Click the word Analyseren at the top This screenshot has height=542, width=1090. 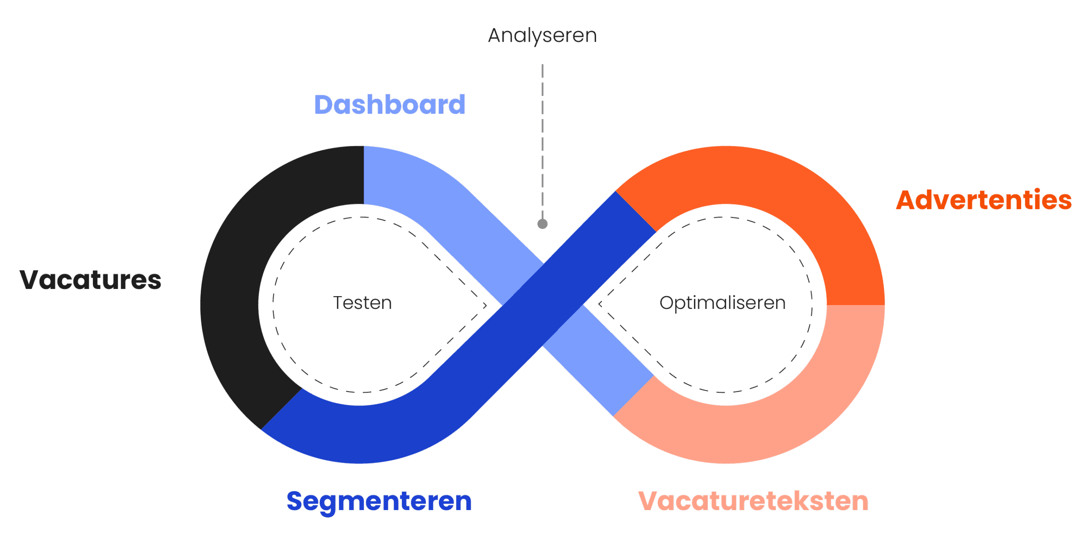pos(542,36)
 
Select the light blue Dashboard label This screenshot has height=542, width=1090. pos(390,105)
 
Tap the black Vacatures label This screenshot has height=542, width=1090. pos(90,280)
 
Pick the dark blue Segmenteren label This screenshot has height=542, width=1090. pos(379,502)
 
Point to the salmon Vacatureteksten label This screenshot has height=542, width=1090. pos(753,501)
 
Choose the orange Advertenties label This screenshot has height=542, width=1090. pos(984,200)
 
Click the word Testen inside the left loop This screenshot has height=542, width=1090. pos(362,303)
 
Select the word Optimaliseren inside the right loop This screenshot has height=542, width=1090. pos(722,303)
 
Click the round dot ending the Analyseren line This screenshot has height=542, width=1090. pos(542,224)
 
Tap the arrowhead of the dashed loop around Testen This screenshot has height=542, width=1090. pos(485,305)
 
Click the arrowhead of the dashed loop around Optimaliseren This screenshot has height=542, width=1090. pos(600,304)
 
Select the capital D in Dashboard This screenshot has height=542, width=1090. pos(325,105)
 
